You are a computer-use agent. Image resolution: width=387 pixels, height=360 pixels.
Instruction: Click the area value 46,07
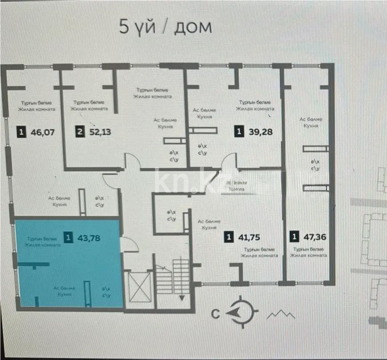[x=44, y=132]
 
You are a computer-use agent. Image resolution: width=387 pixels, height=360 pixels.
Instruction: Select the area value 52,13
[x=100, y=132]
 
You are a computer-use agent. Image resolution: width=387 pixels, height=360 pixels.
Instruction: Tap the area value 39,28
[x=260, y=132]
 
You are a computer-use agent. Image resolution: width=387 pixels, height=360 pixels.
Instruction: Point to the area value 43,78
[x=88, y=238]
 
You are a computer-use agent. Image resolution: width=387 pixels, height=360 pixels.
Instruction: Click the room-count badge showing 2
[x=79, y=132]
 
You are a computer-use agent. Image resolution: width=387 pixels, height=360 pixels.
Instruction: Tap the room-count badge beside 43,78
[x=67, y=238]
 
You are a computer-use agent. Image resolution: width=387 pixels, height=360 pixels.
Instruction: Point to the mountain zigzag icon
[x=281, y=315]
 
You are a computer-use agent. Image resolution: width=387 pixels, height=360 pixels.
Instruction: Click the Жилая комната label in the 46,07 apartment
[x=37, y=109]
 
